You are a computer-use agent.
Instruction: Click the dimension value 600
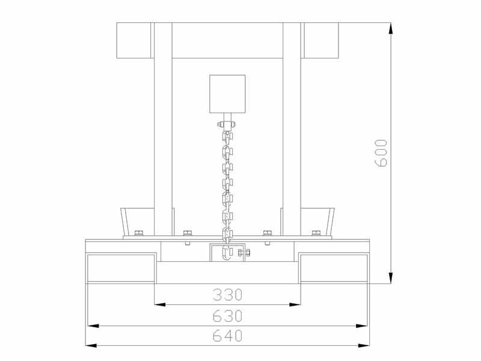point(381,153)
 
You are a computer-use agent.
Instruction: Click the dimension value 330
point(228,295)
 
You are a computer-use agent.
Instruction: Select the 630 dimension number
point(228,316)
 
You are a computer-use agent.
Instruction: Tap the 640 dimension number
point(228,336)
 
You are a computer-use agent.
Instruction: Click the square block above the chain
point(227,94)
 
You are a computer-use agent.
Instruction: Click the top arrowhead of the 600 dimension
point(390,28)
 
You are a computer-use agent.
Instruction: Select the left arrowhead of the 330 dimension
point(160,304)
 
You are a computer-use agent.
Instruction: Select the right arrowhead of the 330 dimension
point(295,304)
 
